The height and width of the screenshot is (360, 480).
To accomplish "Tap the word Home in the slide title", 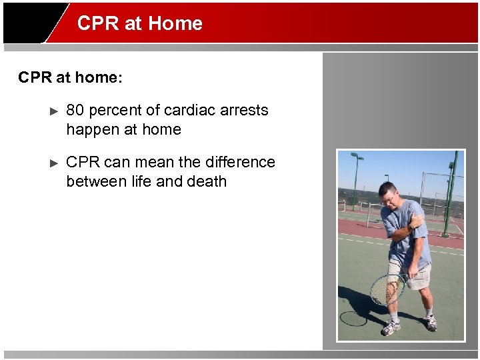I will tap(175, 23).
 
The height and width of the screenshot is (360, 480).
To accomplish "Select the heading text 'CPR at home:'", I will tap(71, 78).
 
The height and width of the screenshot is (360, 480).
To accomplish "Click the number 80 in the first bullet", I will tap(75, 110).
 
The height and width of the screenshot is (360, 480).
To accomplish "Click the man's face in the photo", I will tap(388, 196).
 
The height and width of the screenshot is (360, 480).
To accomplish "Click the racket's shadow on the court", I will tap(354, 317).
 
